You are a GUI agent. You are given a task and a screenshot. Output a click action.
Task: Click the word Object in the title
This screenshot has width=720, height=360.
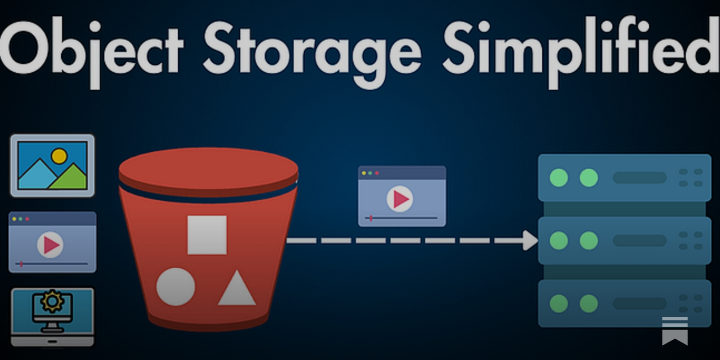[92, 49]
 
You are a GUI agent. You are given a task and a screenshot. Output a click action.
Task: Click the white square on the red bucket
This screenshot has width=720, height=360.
[207, 235]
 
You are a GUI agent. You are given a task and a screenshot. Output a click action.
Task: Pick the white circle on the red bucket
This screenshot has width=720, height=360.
[175, 287]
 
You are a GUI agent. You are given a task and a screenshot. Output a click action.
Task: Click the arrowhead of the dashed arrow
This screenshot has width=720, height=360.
[531, 240]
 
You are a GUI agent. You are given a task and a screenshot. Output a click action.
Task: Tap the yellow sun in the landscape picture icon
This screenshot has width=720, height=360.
[59, 156]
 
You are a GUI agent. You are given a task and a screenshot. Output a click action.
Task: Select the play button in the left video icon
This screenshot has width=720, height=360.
[50, 245]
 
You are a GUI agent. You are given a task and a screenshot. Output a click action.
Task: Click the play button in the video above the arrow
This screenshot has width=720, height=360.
[400, 198]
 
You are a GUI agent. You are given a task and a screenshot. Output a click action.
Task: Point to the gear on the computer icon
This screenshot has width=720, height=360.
[52, 301]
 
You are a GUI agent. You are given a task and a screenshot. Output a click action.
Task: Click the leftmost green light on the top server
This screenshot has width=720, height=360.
[559, 178]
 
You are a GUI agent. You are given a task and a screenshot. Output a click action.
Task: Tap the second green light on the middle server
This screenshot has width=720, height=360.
[589, 241]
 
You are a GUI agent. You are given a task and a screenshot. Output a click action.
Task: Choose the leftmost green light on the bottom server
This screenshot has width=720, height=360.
[559, 304]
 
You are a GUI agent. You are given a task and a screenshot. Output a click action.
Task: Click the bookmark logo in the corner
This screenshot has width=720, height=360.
[675, 330]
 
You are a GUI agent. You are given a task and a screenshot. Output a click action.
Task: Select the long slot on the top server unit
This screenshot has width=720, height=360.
[639, 178]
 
